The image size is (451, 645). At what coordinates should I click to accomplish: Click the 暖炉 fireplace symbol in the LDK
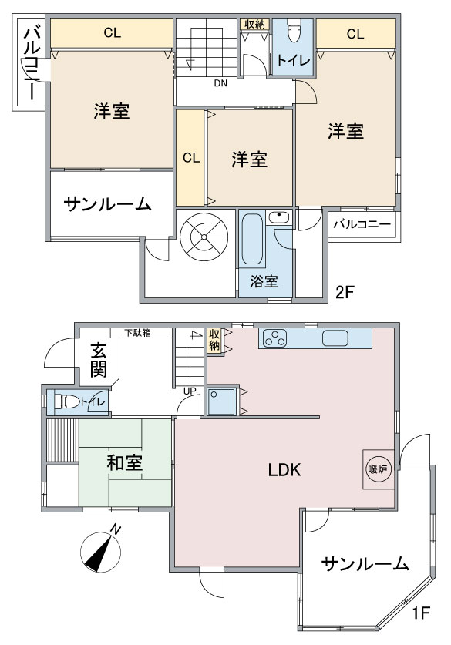[x=378, y=469]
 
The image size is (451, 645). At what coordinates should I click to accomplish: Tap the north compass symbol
[x=101, y=550]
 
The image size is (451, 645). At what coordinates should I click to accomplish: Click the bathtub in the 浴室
[x=252, y=240]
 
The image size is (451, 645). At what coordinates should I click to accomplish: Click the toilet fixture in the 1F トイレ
[x=69, y=401]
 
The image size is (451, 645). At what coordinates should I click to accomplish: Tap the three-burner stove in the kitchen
[x=274, y=338]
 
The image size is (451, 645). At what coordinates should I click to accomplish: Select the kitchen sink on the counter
[x=335, y=338]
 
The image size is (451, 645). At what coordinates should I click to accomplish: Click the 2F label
[x=345, y=293]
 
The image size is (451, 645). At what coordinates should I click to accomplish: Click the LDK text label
[x=284, y=469]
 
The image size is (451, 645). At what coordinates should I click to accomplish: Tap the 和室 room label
[x=124, y=463]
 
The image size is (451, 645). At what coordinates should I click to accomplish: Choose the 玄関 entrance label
[x=99, y=361]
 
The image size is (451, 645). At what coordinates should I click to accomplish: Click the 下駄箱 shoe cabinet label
[x=138, y=333]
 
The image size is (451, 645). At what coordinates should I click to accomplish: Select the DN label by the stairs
[x=220, y=83]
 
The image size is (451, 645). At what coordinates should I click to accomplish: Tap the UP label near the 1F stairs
[x=190, y=391]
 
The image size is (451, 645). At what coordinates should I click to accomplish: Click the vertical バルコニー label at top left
[x=32, y=64]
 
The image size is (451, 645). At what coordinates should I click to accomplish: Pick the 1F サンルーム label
[x=365, y=563]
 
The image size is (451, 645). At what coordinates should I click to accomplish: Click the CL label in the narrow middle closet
[x=191, y=158]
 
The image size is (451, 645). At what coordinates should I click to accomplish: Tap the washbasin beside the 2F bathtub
[x=279, y=217]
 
